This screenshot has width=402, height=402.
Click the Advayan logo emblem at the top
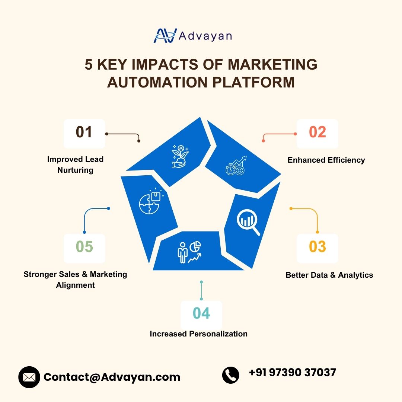click(x=165, y=35)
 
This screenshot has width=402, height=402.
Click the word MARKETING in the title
click(x=272, y=64)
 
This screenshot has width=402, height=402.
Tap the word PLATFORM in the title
click(x=253, y=82)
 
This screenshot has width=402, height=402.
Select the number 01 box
click(x=84, y=134)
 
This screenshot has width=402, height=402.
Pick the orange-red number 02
click(x=318, y=132)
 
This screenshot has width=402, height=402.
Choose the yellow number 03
click(x=318, y=247)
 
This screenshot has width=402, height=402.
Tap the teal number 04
click(x=201, y=313)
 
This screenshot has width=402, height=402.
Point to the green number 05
click(x=84, y=246)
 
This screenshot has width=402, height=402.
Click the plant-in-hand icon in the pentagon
click(x=180, y=156)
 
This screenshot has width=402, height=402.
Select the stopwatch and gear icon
click(x=236, y=166)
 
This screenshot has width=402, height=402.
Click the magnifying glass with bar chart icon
click(x=248, y=222)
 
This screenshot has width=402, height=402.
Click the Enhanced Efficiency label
click(x=326, y=160)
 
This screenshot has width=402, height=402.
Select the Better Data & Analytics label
click(x=329, y=275)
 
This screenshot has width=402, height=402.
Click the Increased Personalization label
click(x=199, y=334)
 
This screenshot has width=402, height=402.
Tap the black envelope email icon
click(x=29, y=377)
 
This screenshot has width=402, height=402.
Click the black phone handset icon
click(x=231, y=375)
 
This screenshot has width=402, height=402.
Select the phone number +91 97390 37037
click(x=293, y=373)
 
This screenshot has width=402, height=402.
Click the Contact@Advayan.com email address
click(x=112, y=377)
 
